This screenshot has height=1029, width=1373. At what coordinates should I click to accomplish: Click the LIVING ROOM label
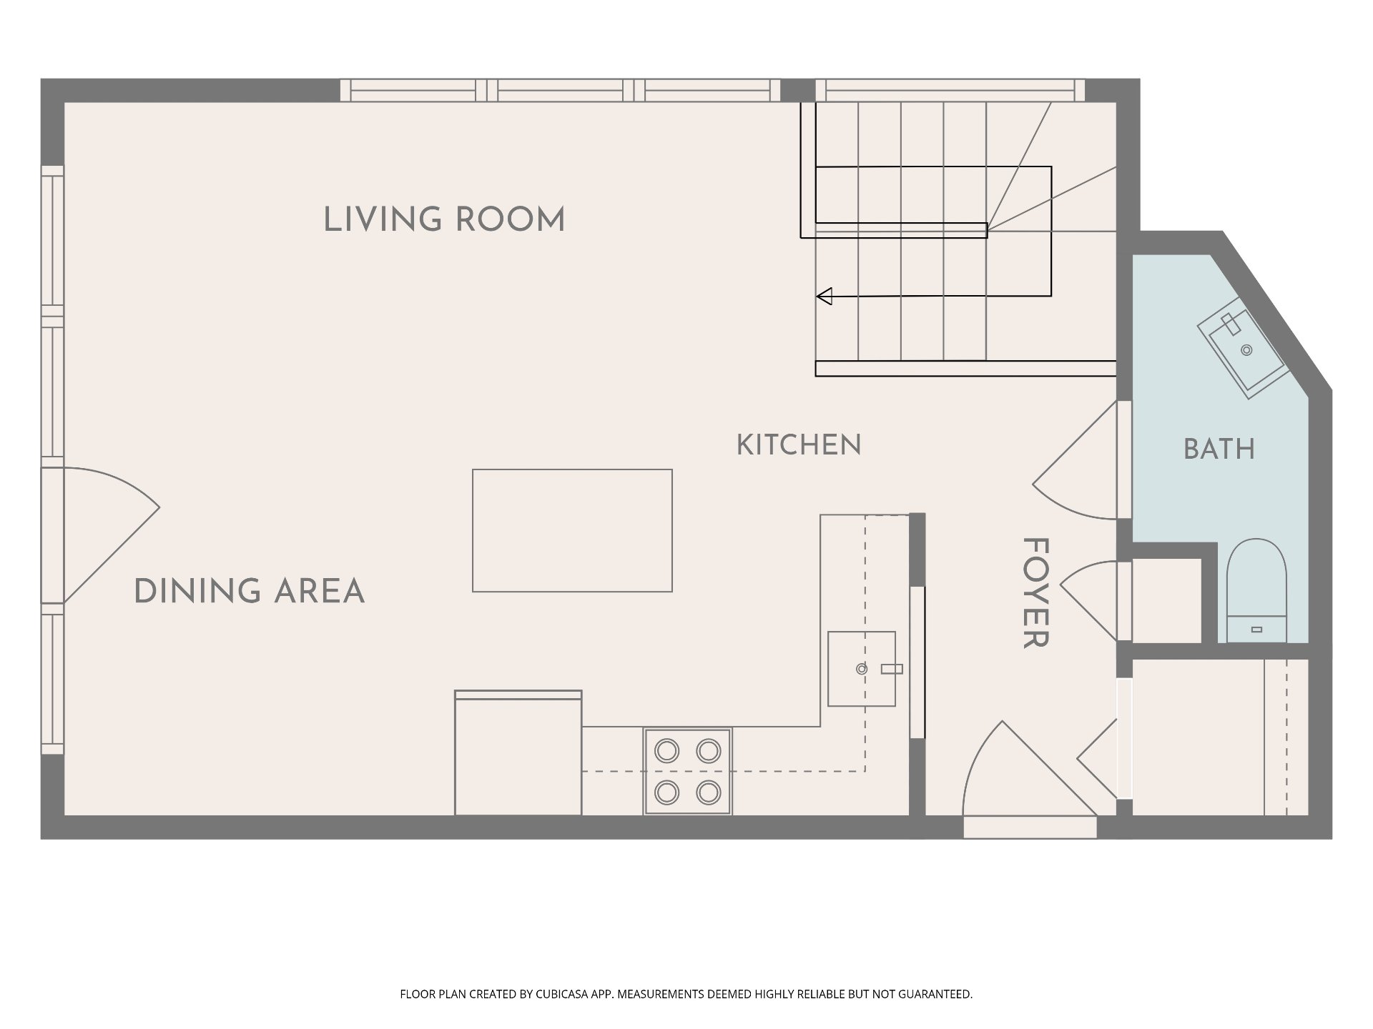(x=444, y=219)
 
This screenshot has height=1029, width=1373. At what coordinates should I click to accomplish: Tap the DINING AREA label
(x=250, y=592)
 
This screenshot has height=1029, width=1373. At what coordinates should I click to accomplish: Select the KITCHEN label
(x=799, y=445)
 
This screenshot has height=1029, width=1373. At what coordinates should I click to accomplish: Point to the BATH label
(x=1219, y=449)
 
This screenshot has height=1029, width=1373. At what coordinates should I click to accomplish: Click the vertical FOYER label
(x=1035, y=593)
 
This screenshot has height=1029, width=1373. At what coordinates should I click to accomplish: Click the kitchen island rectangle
(x=572, y=530)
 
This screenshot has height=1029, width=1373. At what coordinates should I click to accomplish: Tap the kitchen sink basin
(x=862, y=669)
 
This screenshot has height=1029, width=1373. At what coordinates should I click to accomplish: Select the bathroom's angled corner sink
(x=1243, y=354)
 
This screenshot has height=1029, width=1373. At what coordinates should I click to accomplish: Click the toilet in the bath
(x=1256, y=591)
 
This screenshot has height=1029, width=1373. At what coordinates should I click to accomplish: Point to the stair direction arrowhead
(x=825, y=296)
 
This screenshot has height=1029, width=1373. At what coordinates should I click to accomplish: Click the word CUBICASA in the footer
(x=566, y=994)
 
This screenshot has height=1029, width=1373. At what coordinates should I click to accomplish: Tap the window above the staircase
(x=950, y=91)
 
